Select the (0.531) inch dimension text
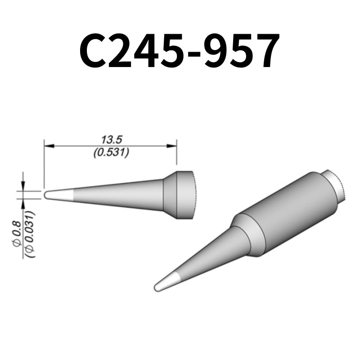[110, 153]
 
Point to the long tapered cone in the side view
[117, 195]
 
